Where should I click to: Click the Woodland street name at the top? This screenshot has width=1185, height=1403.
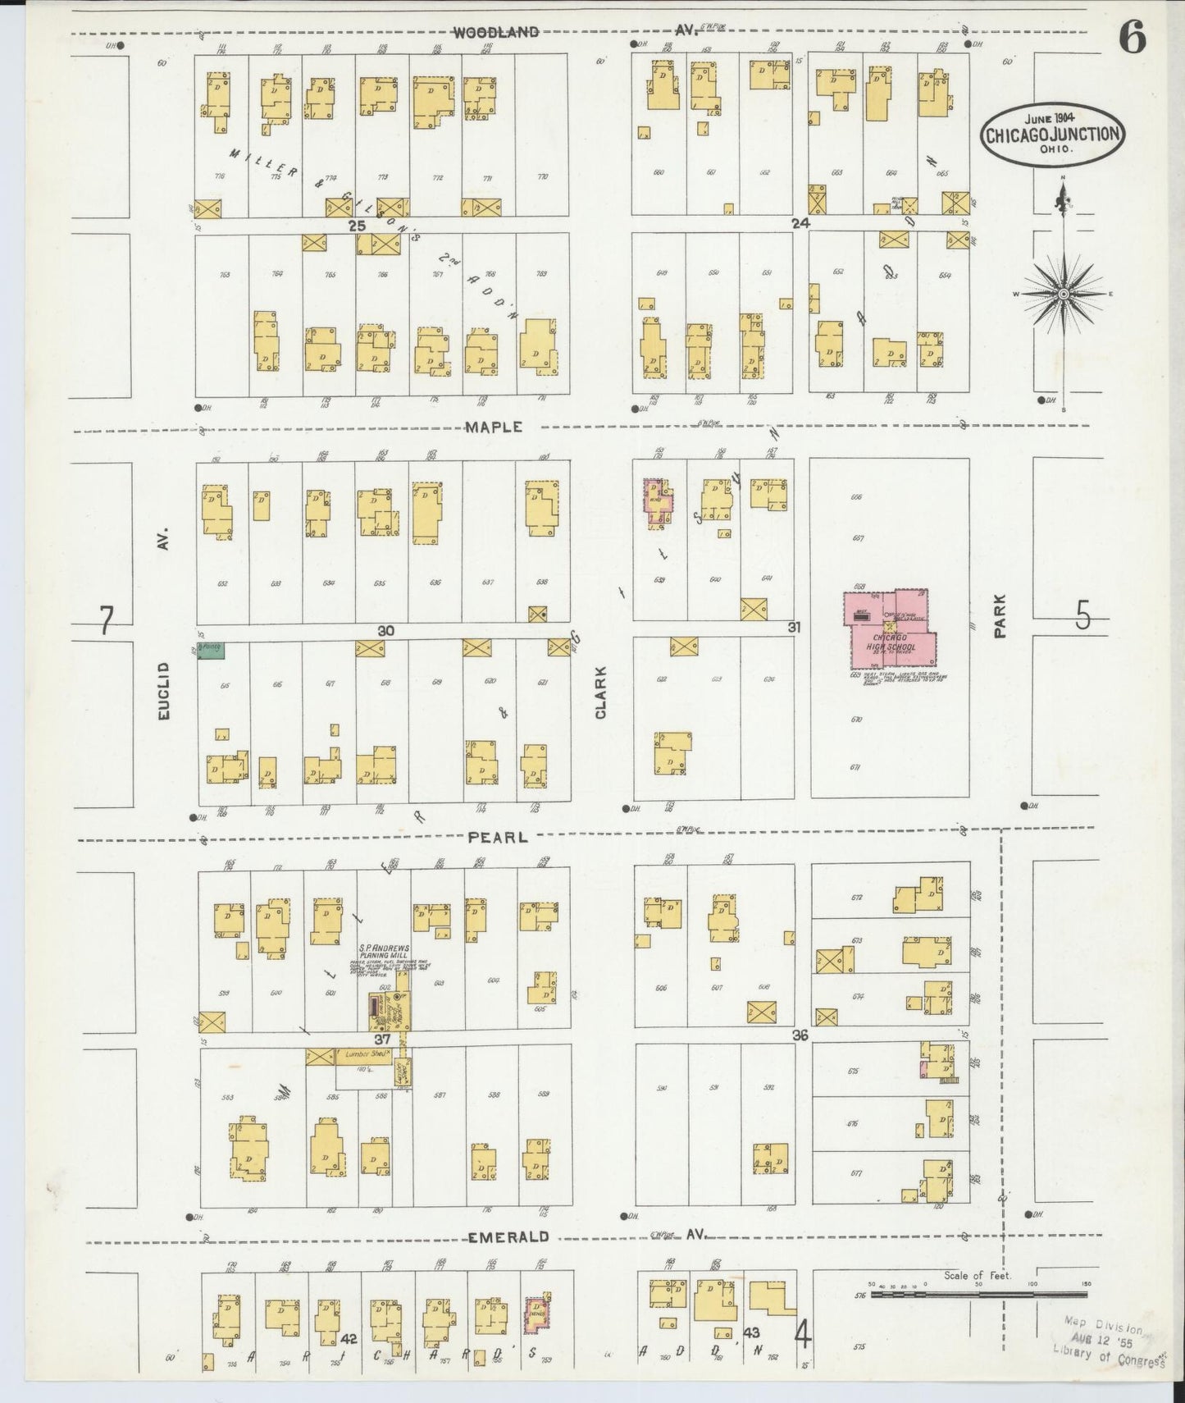496,32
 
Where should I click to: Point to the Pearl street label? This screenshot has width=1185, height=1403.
496,837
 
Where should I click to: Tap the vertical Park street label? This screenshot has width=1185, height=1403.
999,616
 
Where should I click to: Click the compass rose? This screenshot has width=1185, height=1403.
1063,293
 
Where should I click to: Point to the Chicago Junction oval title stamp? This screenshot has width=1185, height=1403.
1052,135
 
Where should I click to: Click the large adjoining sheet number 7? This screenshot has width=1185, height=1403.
106,620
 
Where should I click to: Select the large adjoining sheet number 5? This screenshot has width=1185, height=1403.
1083,615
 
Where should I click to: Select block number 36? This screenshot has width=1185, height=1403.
800,1035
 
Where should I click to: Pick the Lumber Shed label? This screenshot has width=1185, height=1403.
363,1054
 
